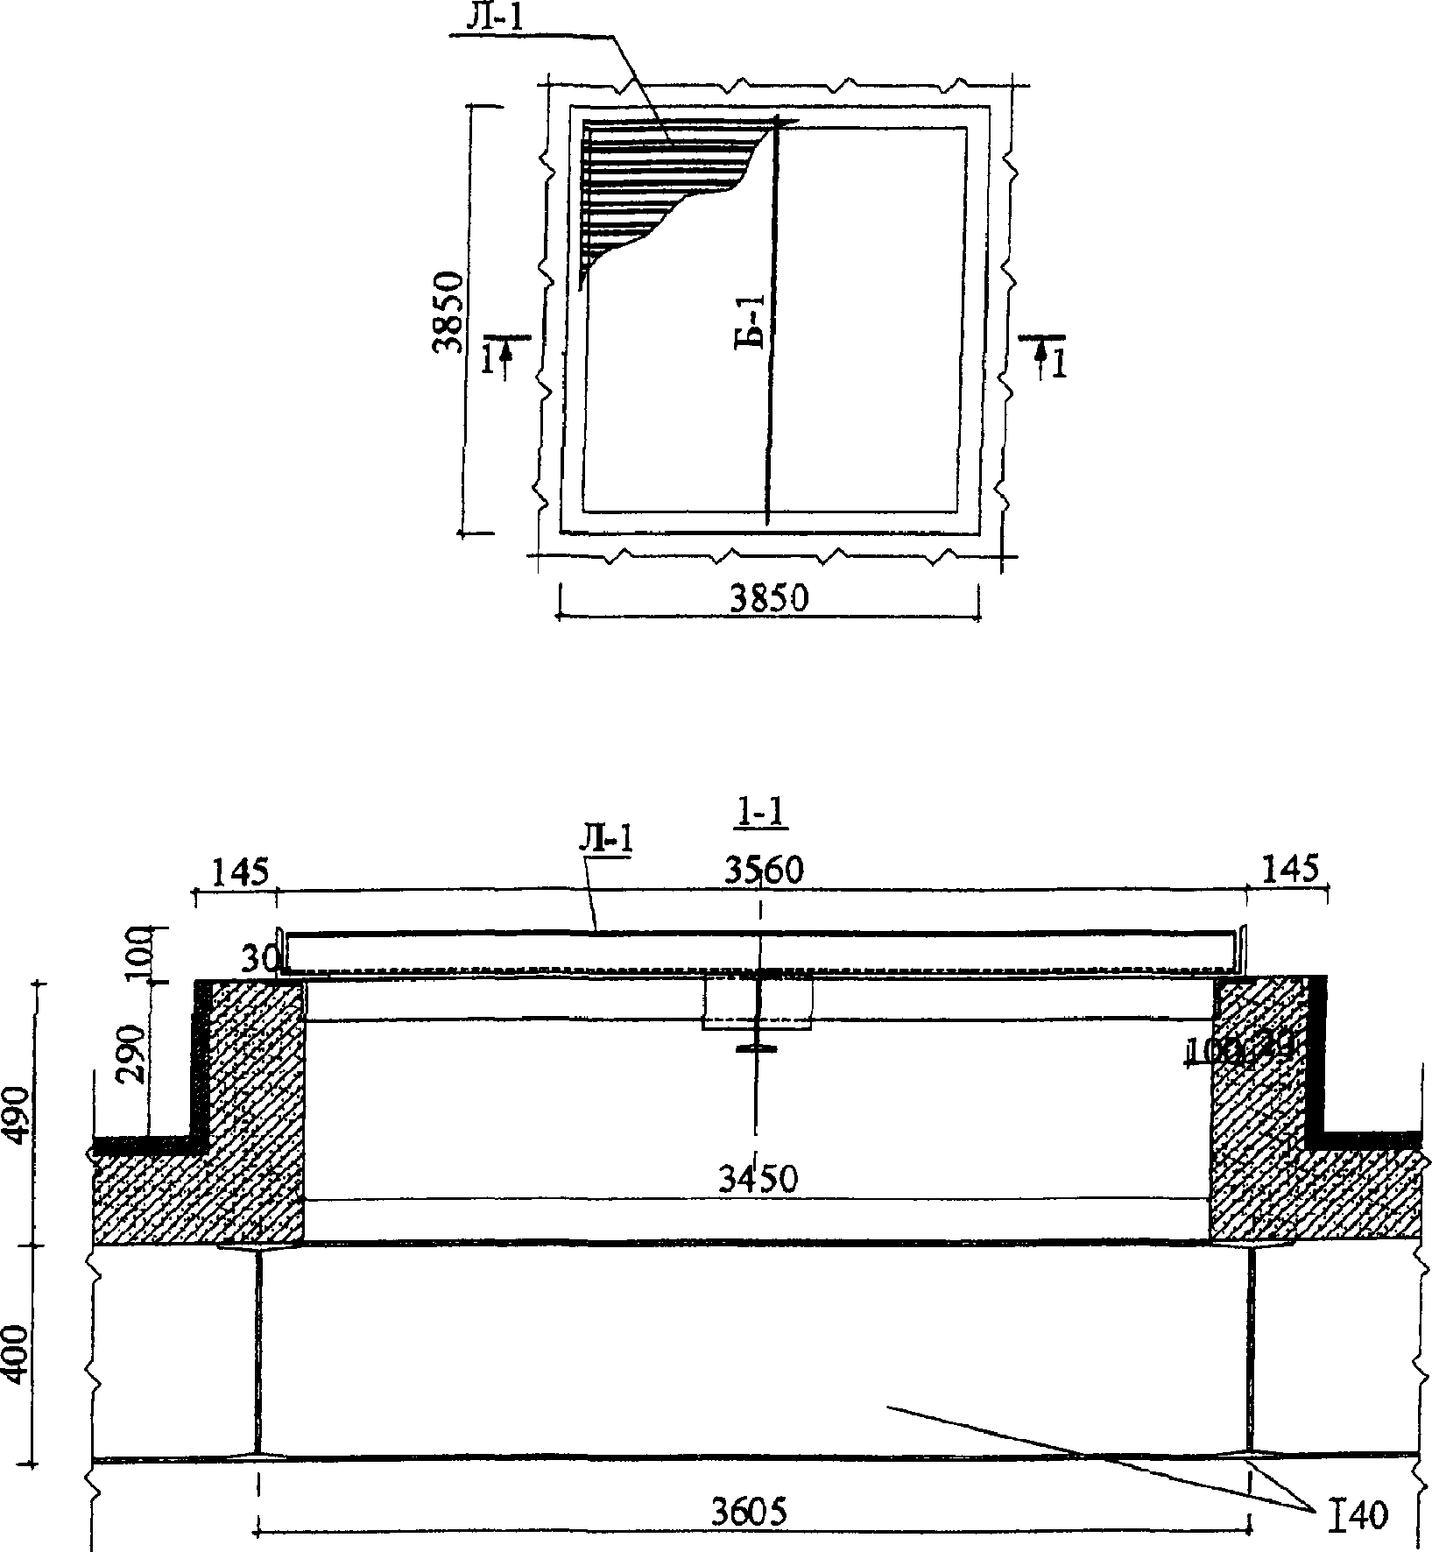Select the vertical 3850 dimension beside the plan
tap(448, 310)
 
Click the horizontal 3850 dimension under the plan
tap(770, 600)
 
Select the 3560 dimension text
tap(762, 870)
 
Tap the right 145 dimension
tap(1289, 870)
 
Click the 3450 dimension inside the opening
tap(758, 1179)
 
